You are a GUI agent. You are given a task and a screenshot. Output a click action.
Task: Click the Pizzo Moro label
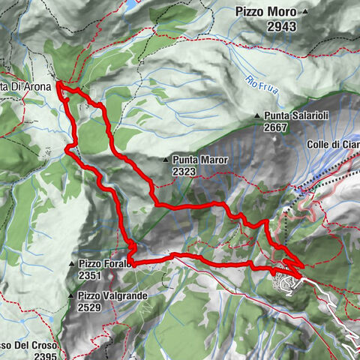265,12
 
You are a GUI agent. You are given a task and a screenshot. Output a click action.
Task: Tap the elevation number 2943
275,26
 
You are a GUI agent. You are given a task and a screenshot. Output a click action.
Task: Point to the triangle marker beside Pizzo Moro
305,12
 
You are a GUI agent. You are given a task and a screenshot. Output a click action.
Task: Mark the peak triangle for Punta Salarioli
257,115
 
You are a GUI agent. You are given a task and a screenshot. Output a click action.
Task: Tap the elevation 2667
277,127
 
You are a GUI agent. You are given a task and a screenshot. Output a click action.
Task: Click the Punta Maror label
199,160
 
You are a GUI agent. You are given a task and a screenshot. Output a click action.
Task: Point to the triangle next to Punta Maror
166,160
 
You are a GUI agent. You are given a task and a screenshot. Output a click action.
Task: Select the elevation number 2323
184,172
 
